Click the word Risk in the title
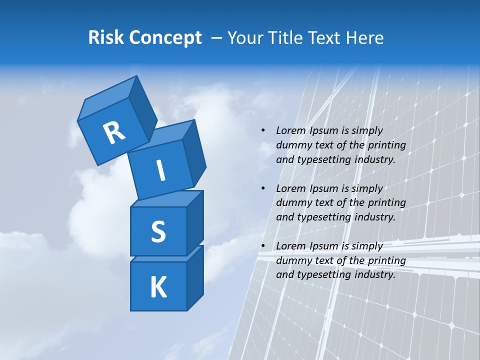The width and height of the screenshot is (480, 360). [106, 37]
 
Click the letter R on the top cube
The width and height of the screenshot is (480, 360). [114, 132]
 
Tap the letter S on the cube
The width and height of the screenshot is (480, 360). [158, 232]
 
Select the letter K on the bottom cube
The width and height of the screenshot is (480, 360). [158, 287]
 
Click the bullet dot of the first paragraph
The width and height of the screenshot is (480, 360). [263, 130]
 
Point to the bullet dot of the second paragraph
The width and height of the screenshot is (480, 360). [263, 188]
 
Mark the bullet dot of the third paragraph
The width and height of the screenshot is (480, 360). [263, 246]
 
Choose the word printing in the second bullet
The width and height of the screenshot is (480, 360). [386, 203]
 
